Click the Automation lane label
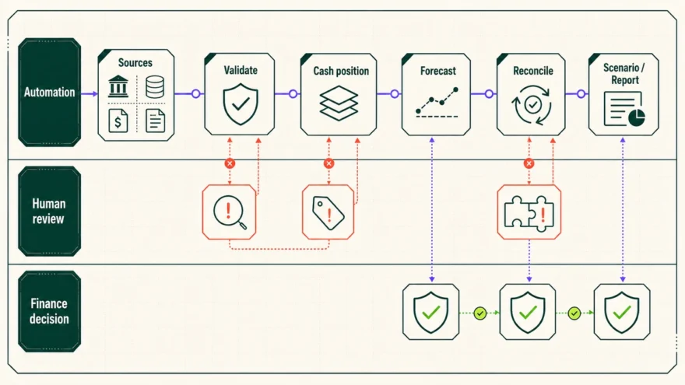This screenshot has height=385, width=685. pyautogui.click(x=49, y=92)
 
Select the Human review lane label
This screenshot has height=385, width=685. pyautogui.click(x=49, y=212)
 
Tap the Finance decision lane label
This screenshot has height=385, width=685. pyautogui.click(x=49, y=311)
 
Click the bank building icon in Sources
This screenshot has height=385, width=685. pyautogui.click(x=118, y=86)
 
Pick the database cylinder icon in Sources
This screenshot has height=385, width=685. pyautogui.click(x=155, y=86)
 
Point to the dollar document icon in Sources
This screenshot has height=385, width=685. pyautogui.click(x=118, y=120)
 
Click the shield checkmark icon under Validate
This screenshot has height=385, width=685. pyautogui.click(x=241, y=104)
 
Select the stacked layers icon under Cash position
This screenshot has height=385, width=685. pyautogui.click(x=339, y=103)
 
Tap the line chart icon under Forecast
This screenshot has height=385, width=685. pyautogui.click(x=437, y=102)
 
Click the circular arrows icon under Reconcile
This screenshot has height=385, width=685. pyautogui.click(x=532, y=105)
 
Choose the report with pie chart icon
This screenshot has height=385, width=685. pyautogui.click(x=624, y=109)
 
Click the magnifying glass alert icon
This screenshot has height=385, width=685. pyautogui.click(x=230, y=212)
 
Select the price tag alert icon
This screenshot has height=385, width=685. pyautogui.click(x=328, y=212)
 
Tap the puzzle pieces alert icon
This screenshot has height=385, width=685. pyautogui.click(x=529, y=212)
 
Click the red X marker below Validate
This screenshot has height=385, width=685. pyautogui.click(x=230, y=163)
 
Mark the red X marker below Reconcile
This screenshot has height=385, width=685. pyautogui.click(x=529, y=163)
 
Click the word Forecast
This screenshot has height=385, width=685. pyautogui.click(x=437, y=71)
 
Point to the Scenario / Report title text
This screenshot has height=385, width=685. pyautogui.click(x=624, y=74)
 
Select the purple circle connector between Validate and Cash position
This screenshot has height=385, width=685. pyautogui.click(x=293, y=93)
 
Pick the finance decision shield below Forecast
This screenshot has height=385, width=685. pyautogui.click(x=431, y=312)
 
